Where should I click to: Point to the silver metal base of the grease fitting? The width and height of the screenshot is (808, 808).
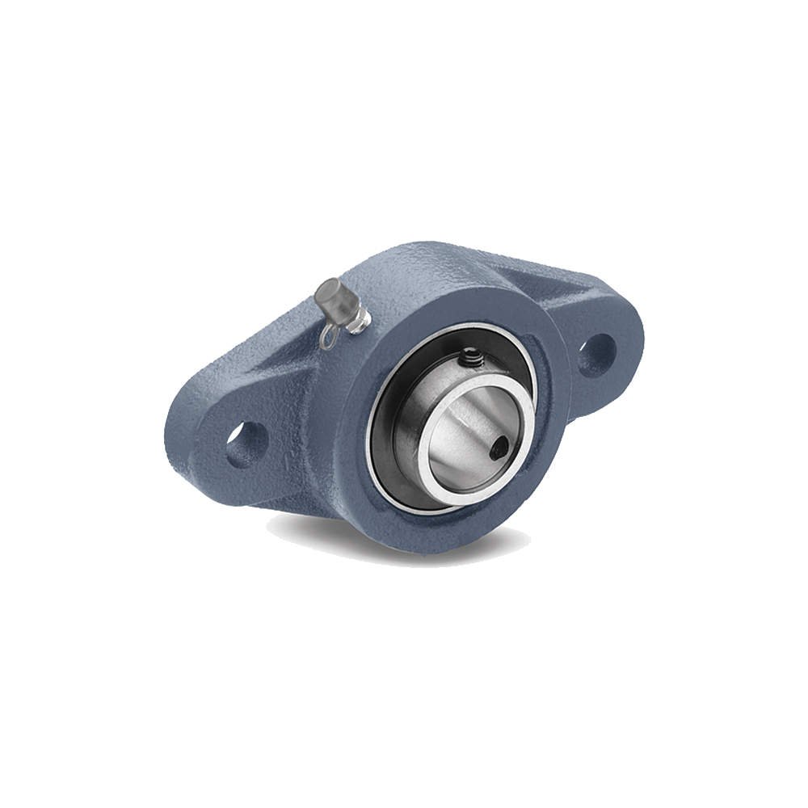[359, 322]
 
